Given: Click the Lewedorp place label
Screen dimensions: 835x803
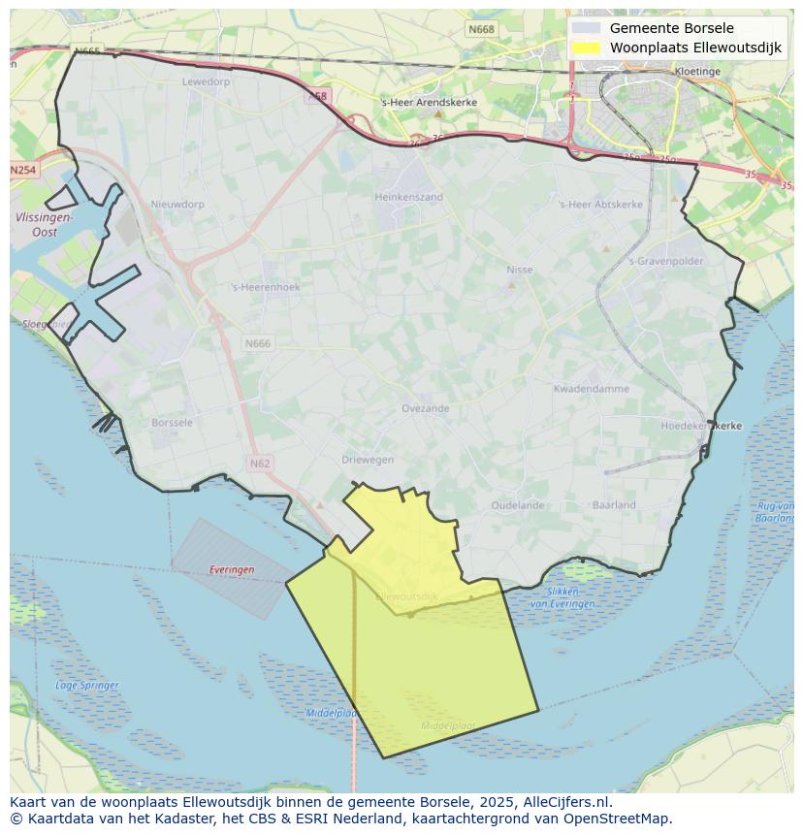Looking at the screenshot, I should click(206, 81).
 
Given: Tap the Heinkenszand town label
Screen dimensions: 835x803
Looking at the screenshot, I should click(408, 197).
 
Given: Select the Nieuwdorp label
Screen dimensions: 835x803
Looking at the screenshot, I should click(177, 205).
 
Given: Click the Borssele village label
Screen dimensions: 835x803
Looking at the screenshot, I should click(173, 423).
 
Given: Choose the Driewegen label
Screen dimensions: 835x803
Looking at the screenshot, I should click(368, 460).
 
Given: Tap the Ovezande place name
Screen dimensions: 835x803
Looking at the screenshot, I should click(425, 408).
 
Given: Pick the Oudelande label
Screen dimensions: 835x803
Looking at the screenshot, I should click(517, 505).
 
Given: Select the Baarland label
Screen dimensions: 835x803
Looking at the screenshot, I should click(614, 504).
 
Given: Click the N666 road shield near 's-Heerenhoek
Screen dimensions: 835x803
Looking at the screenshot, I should click(258, 343).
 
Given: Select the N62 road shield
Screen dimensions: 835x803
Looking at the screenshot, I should click(259, 464).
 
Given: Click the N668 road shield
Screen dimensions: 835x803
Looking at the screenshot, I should click(481, 29).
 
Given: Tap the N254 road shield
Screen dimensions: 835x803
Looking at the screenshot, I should click(23, 170).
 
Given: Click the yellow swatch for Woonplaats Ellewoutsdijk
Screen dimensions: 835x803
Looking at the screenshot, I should click(586, 48).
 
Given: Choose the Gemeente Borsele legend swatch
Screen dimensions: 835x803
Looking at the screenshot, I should click(586, 28).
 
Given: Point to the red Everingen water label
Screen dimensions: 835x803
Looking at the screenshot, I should click(232, 569).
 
